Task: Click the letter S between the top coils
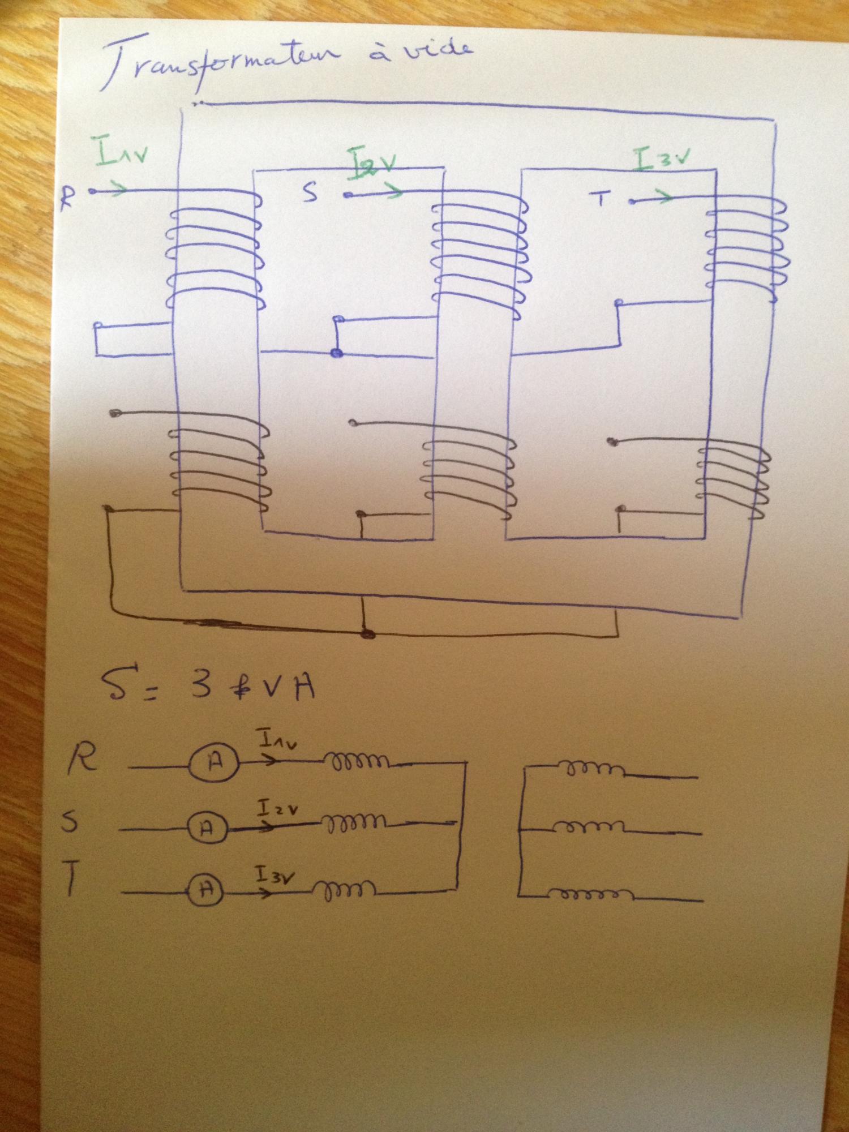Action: [x=310, y=192]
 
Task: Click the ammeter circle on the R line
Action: [x=214, y=763]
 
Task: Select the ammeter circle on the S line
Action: [x=207, y=829]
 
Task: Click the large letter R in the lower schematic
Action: [x=83, y=758]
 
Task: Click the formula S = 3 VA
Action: [x=207, y=685]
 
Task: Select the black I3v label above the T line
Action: [x=275, y=876]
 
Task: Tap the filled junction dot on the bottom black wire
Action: [x=368, y=633]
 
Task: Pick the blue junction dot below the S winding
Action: [x=337, y=353]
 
